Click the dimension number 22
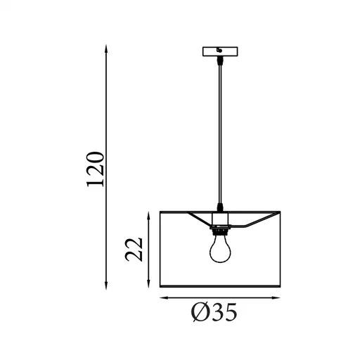pos(135,248)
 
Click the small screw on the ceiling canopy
pos(220,50)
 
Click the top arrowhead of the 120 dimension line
pos(105,47)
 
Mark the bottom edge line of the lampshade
pos(221,287)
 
